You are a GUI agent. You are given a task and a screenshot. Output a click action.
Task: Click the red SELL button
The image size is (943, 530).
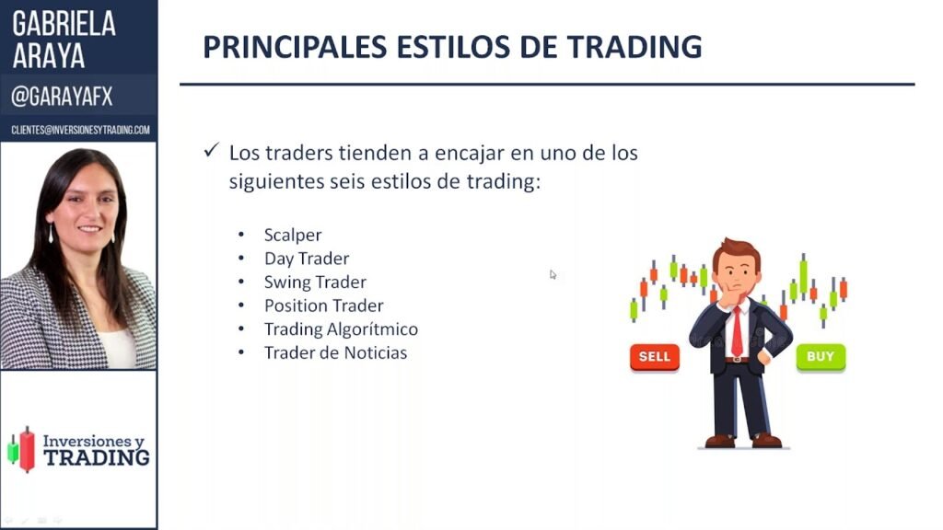(655, 357)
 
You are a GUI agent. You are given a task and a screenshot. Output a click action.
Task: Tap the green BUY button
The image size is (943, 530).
(821, 357)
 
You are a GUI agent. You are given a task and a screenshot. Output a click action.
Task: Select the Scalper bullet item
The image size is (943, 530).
(293, 235)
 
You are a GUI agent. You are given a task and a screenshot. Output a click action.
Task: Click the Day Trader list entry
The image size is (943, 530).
(307, 259)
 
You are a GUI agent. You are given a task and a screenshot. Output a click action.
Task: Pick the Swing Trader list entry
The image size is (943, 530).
(315, 282)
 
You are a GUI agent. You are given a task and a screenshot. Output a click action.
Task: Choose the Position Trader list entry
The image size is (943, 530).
(323, 305)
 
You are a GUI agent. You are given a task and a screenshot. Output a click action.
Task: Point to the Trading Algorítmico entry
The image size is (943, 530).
(341, 329)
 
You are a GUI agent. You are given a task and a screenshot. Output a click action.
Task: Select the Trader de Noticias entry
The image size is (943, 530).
(335, 352)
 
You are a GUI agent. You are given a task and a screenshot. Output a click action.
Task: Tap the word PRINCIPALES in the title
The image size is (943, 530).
(295, 47)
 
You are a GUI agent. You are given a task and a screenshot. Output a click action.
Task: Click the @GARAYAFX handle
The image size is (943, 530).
(62, 96)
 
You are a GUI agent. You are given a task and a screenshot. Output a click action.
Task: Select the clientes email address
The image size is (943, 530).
(81, 130)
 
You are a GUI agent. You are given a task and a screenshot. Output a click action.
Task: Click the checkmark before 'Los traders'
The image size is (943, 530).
(211, 150)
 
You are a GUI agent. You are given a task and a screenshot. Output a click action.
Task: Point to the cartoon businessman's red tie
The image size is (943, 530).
(737, 331)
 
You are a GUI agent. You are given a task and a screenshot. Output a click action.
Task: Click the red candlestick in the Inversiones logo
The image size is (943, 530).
(27, 449)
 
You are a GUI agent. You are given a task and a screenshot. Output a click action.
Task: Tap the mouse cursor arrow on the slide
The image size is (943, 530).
(553, 274)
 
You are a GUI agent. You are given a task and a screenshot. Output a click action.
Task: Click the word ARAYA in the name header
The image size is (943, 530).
(49, 56)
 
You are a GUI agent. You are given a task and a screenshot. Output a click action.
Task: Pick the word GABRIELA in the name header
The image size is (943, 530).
(64, 24)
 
